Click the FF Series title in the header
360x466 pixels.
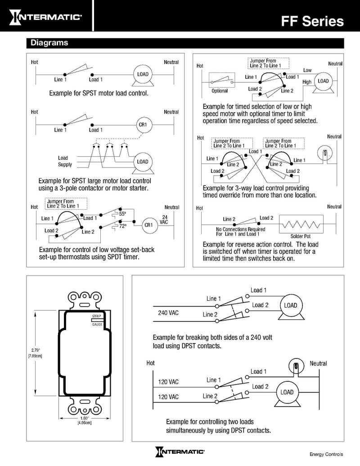(x=312, y=21)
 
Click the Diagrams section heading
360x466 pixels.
(x=49, y=43)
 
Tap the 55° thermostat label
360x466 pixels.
(x=122, y=213)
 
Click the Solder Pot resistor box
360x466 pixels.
(x=301, y=222)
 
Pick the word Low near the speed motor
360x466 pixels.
(x=307, y=70)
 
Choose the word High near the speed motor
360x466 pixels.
(x=307, y=82)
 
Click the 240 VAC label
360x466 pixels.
(x=168, y=312)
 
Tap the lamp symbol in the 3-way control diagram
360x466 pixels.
(x=322, y=153)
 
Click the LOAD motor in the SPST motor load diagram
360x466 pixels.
(x=142, y=74)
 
